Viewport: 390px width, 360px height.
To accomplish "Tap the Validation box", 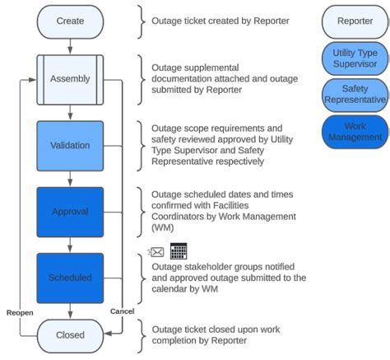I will coord(69,146).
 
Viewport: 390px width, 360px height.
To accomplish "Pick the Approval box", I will coord(69,212).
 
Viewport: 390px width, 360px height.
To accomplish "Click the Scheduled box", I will coord(69,278).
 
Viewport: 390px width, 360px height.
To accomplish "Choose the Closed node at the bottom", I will coord(69,336).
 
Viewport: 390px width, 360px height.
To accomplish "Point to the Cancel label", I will coord(121,311).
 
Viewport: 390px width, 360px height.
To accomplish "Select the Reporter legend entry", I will coord(354,21).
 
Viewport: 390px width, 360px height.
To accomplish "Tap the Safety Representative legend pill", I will coord(354,95).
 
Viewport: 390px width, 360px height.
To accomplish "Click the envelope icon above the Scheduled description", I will coord(156,251).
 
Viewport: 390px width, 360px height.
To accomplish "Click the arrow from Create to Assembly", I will coord(69,46).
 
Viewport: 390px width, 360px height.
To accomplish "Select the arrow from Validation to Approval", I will coord(69,179).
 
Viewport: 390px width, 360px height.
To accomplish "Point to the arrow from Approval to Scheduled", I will coord(69,245).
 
